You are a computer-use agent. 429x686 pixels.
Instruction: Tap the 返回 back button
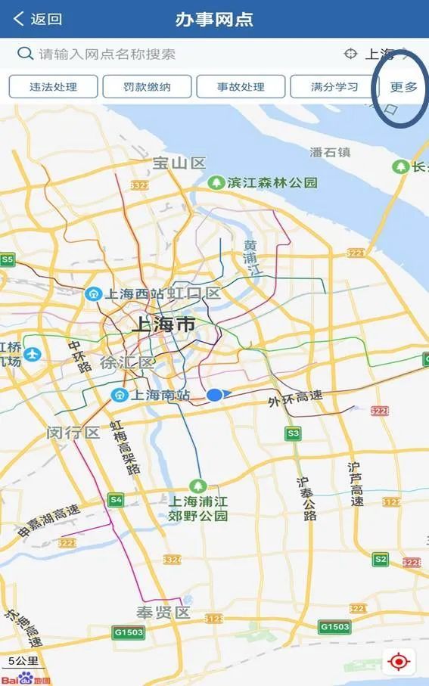tap(38, 19)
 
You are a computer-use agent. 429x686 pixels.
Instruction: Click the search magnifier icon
tap(25, 54)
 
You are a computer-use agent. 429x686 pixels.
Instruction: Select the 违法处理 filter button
tap(53, 86)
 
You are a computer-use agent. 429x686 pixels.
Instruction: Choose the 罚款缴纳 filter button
tap(147, 86)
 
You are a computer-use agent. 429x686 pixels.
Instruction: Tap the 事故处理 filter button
tap(241, 86)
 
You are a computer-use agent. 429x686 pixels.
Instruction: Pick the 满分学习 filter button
tap(334, 86)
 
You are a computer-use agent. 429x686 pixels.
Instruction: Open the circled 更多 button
tap(403, 87)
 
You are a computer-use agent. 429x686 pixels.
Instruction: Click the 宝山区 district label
tap(179, 163)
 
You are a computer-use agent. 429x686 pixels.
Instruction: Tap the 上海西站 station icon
tap(94, 293)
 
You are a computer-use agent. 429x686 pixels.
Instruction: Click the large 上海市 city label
tap(163, 325)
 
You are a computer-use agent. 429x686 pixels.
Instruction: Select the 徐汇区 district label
tap(127, 362)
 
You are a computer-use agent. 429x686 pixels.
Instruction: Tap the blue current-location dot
tap(216, 394)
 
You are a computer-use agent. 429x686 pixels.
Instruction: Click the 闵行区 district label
tap(73, 433)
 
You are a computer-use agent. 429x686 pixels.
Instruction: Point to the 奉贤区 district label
tap(163, 613)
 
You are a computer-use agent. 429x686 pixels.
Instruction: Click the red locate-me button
tap(398, 663)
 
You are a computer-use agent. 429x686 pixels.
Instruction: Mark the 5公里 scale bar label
tap(23, 660)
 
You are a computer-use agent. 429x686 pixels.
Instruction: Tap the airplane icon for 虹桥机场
tap(32, 354)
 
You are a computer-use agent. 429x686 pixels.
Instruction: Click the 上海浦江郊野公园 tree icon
tap(198, 485)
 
